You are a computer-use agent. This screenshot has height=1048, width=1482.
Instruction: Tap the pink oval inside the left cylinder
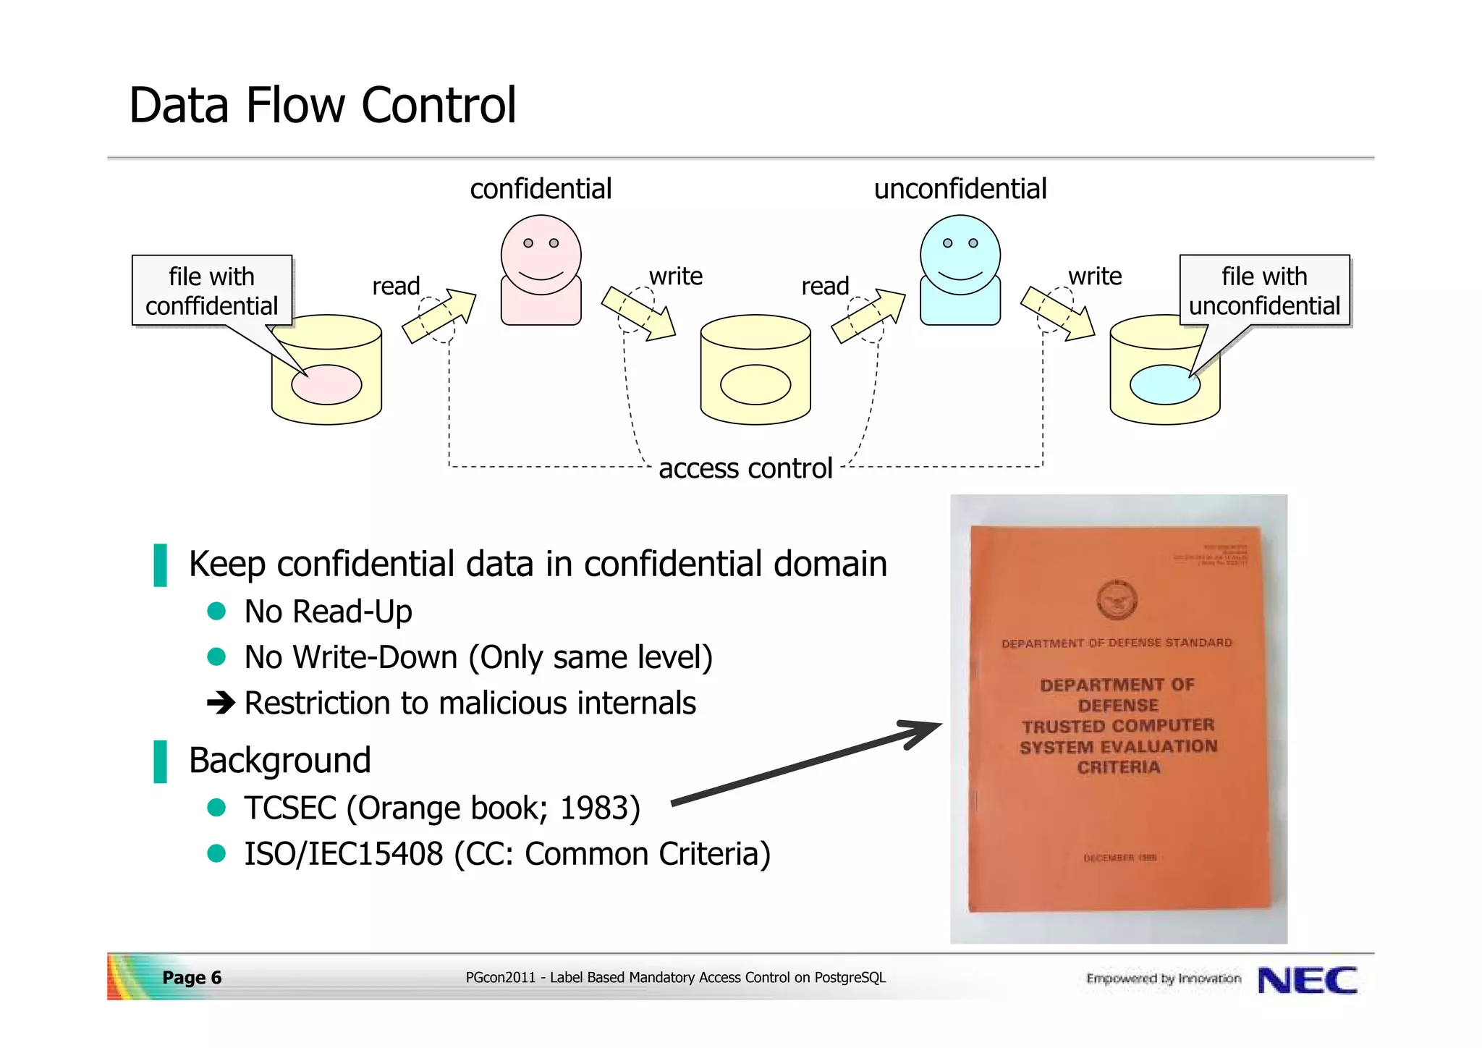326,384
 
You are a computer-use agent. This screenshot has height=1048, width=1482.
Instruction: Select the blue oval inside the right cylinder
1164,384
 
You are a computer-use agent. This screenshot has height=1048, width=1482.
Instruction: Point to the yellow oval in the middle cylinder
755,384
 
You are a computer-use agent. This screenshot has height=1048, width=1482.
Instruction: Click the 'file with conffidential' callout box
211,290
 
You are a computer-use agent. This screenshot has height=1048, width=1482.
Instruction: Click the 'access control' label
745,468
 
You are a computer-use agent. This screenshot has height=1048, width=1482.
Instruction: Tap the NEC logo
1307,981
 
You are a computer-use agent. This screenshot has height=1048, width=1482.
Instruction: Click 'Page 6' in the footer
192,978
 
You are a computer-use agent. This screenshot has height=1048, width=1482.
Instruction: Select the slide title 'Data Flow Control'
323,106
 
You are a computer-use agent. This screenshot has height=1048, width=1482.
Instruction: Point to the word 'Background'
279,761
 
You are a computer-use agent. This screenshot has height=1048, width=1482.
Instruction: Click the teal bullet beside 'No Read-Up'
216,612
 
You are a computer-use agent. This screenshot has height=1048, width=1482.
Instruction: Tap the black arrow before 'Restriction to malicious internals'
221,702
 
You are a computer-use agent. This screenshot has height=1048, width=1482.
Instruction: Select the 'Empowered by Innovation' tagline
1163,979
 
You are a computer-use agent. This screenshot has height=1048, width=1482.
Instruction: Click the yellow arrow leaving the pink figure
638,313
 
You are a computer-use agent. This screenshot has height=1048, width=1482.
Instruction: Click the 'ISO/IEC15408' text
343,854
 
